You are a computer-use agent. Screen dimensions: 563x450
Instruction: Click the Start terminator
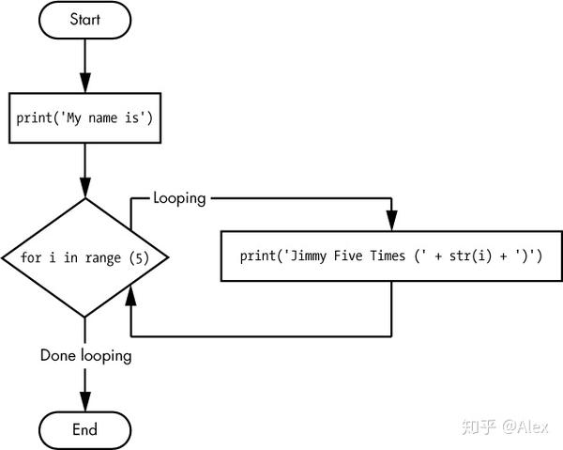[84, 20]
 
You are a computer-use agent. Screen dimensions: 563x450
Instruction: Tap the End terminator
[84, 430]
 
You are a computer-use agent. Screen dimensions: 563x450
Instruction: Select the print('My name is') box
[84, 117]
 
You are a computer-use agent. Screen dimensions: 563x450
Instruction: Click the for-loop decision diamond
[84, 257]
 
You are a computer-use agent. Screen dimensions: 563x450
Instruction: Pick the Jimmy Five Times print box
[391, 256]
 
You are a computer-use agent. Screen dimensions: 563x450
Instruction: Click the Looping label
[179, 198]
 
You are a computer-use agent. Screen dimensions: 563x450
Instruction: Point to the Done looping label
[85, 356]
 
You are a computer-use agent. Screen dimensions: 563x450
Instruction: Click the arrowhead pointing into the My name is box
[85, 83]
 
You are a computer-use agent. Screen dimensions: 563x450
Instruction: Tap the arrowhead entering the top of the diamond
[85, 188]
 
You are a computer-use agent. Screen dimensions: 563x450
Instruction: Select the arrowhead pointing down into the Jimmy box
[391, 221]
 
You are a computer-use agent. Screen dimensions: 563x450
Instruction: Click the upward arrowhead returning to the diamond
[130, 295]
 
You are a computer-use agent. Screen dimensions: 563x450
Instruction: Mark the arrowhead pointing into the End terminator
[85, 402]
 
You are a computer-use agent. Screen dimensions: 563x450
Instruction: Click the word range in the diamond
[103, 258]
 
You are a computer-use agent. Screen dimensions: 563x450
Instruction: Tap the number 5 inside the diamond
[139, 257]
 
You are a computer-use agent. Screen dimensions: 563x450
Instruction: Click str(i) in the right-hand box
[470, 256]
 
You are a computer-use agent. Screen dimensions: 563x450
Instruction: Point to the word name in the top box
[102, 117]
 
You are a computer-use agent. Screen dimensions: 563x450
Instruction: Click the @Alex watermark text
[525, 427]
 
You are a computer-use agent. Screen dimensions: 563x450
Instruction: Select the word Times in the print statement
[388, 256]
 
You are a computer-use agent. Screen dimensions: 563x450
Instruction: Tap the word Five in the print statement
[348, 256]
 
